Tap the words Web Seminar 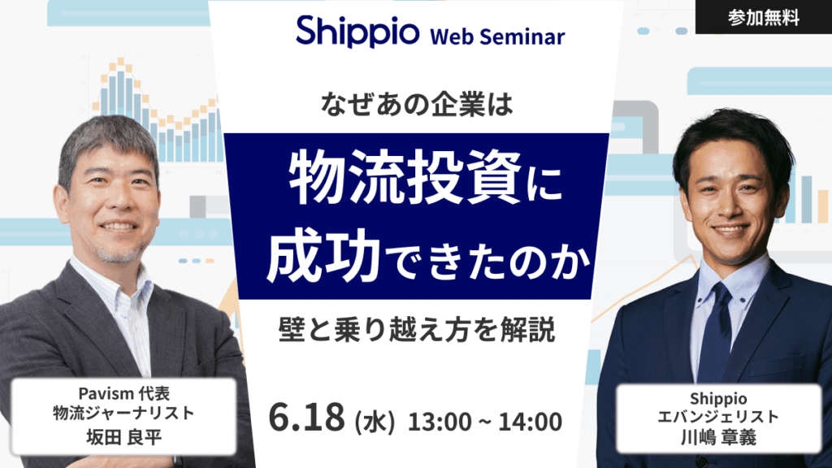[497, 36]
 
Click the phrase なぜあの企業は [416, 106]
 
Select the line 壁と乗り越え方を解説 [415, 331]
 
